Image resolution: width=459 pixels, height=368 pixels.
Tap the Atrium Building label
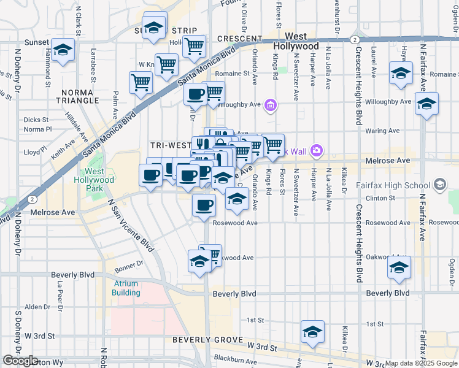[x=126, y=288]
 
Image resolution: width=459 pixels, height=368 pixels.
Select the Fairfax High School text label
[x=392, y=185]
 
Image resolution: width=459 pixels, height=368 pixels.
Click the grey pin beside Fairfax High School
[x=439, y=185]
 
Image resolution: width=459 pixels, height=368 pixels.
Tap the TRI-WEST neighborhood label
[x=171, y=145]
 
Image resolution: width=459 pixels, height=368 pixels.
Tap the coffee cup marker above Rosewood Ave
[x=204, y=205]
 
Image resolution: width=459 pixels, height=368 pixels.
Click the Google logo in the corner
[x=20, y=361]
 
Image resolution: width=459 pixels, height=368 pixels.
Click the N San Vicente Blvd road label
[x=131, y=224]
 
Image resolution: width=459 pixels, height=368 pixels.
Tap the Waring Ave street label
[x=383, y=131]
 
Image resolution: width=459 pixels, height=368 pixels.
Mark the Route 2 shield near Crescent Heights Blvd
[x=355, y=39]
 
